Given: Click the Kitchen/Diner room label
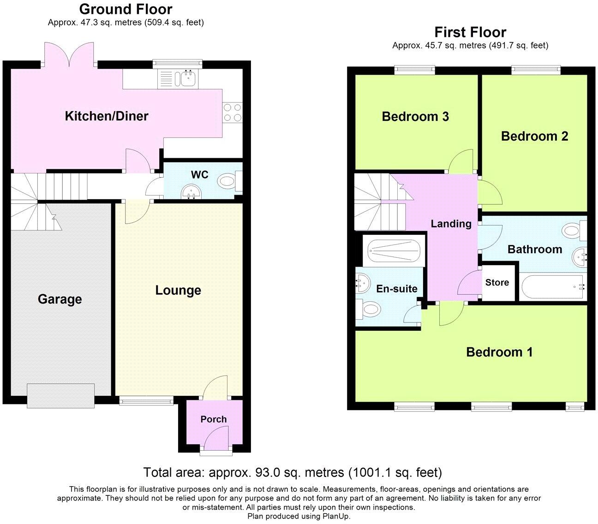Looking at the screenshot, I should coord(107,116).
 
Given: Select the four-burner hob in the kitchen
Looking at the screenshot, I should coord(233,112).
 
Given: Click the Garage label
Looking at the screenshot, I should coord(60,299).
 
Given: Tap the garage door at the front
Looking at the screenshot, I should coord(61,396).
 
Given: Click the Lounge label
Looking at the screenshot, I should coord(178,291).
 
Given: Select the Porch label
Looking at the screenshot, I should coord(213,419).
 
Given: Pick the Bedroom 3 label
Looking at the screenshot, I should coord(415,117).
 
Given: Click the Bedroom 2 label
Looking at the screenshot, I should coord(534,137).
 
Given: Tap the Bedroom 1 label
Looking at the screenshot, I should coord(499,352).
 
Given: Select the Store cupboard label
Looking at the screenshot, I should coord(497,283).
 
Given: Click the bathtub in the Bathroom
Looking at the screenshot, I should coord(553,287).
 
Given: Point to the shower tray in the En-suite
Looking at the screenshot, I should coord(393,251).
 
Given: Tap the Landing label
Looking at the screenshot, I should coord(451,224).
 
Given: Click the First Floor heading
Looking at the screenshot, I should coord(470,32).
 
